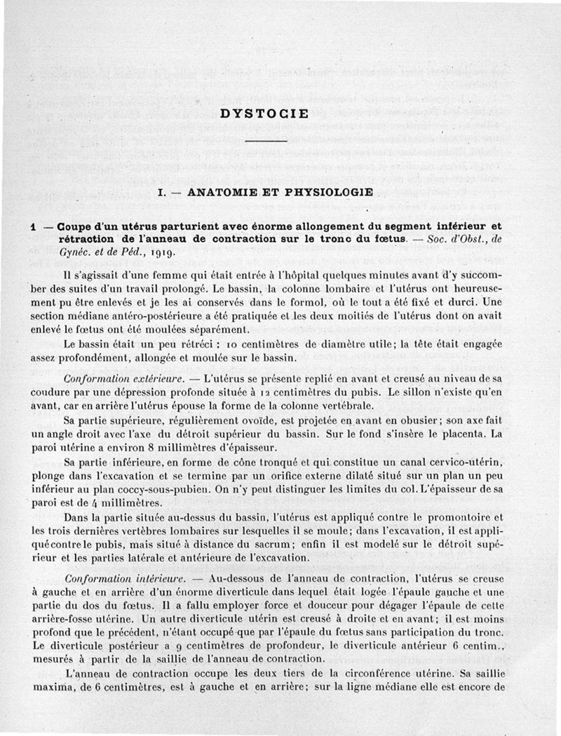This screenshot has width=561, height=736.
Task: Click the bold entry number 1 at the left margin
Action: [x=33, y=227]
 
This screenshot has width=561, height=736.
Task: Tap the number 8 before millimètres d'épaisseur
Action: [x=180, y=447]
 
